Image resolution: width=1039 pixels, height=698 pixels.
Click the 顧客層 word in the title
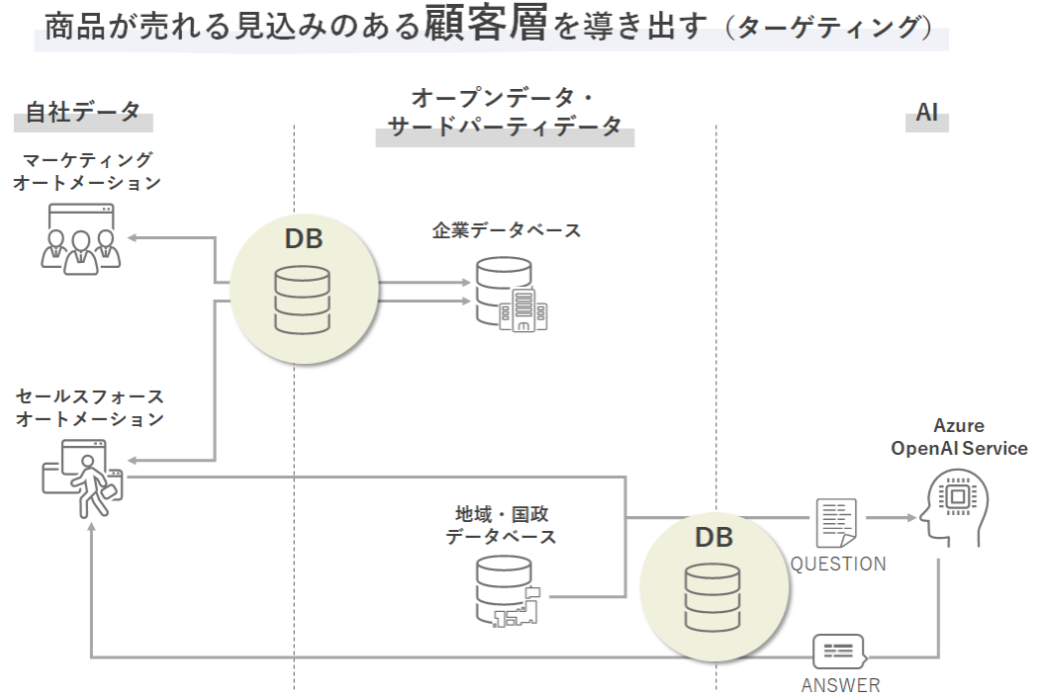coord(485,24)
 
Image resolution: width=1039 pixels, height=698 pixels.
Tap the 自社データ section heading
coord(83,112)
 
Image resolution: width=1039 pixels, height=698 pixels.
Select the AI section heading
coord(926,112)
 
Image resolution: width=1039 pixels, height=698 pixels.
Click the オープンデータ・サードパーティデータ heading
coord(505,113)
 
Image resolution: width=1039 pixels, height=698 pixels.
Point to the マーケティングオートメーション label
coord(87,171)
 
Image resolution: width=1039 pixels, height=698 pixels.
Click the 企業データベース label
coord(506,230)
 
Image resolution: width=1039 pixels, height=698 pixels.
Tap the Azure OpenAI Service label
coord(959,437)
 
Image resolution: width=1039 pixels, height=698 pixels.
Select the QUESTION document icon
coord(836,522)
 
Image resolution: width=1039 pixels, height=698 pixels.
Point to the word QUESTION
coord(837,564)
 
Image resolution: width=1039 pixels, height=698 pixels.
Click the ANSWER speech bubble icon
coord(838,652)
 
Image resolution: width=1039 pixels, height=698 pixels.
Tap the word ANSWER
coord(840,685)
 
